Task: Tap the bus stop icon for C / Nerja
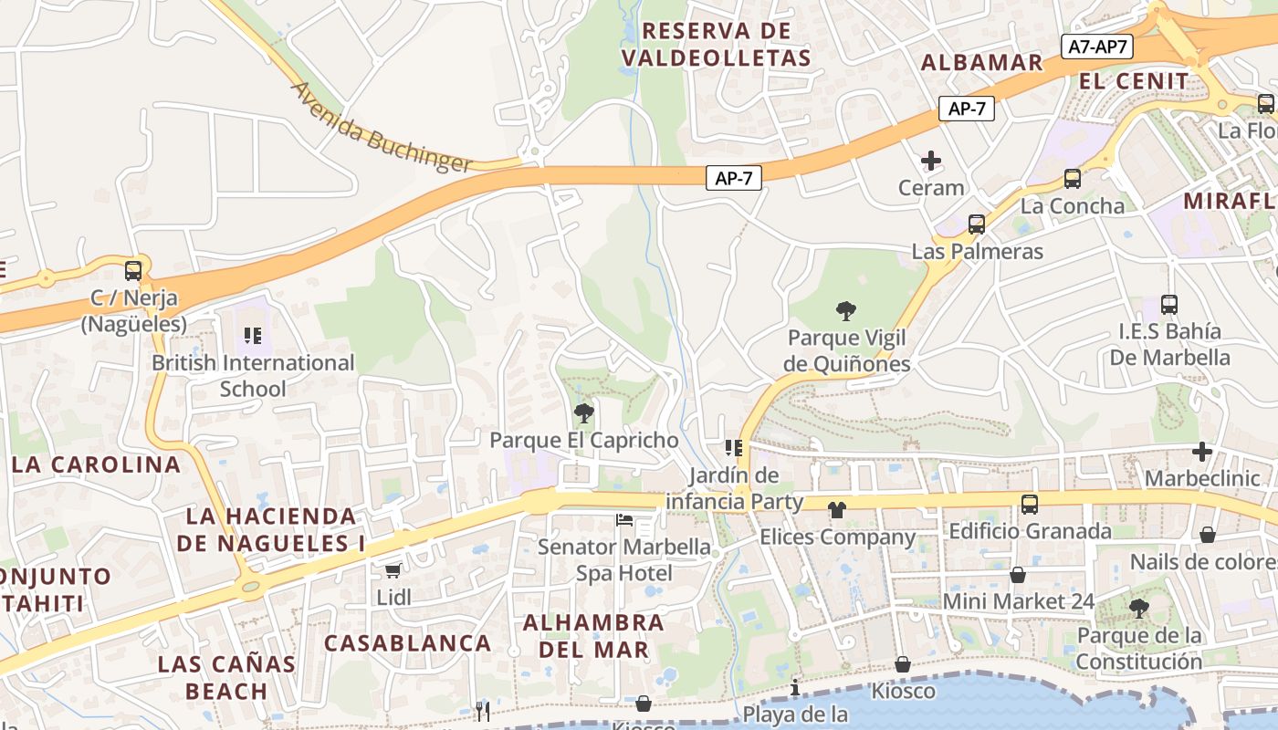coord(133,271)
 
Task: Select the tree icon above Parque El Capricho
coord(583,413)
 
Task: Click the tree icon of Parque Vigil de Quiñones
coord(846,311)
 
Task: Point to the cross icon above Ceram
coord(931,162)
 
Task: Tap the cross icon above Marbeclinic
coord(1202,452)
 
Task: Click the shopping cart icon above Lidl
coord(393,570)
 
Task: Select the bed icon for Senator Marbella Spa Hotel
coord(624,520)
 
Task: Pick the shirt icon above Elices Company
coord(837,510)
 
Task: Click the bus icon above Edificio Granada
coord(1030,504)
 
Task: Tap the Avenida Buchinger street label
coord(382,129)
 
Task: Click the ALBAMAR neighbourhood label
coord(981,62)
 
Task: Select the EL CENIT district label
coord(1134,81)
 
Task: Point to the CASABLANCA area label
coord(408,642)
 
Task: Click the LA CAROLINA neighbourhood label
coord(97,464)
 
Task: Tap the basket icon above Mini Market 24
coord(1018,575)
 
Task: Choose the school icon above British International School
coord(253,336)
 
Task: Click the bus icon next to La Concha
coord(1073,179)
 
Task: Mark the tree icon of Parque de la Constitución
coord(1138,608)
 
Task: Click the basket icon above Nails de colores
coord(1208,535)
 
